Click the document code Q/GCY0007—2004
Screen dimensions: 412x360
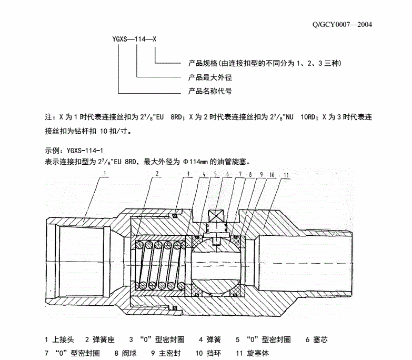(x=342, y=25)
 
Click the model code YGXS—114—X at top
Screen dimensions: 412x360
(x=134, y=39)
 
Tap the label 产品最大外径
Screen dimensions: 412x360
(x=210, y=77)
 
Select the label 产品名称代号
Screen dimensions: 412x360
(x=210, y=91)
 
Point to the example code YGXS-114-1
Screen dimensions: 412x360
(x=85, y=151)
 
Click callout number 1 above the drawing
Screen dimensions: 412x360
(x=105, y=174)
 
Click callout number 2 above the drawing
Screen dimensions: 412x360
(x=157, y=174)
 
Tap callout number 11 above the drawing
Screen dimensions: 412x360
(x=286, y=175)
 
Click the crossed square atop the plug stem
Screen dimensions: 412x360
(x=216, y=216)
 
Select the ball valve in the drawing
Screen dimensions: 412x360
(x=216, y=265)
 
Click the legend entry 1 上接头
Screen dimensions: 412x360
(x=59, y=339)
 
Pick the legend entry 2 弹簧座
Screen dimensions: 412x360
(x=100, y=339)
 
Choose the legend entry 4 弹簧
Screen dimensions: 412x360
(x=209, y=339)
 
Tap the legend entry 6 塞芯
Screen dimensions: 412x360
(x=317, y=339)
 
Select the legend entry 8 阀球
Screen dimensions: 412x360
(x=126, y=353)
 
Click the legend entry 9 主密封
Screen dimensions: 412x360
(x=166, y=353)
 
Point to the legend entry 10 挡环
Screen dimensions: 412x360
(x=208, y=353)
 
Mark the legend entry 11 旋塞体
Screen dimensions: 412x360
(x=253, y=353)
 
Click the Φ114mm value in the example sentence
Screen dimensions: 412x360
(x=196, y=162)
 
